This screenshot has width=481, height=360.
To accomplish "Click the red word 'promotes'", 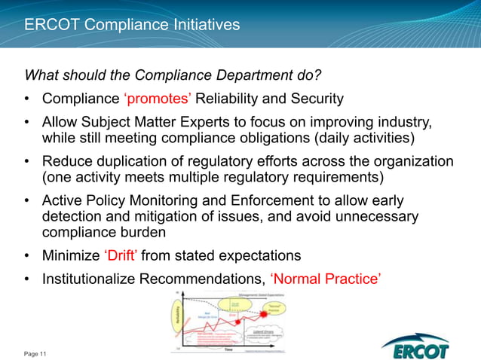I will coord(154,99).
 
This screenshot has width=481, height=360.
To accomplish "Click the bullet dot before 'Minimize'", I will coord(27,255).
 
